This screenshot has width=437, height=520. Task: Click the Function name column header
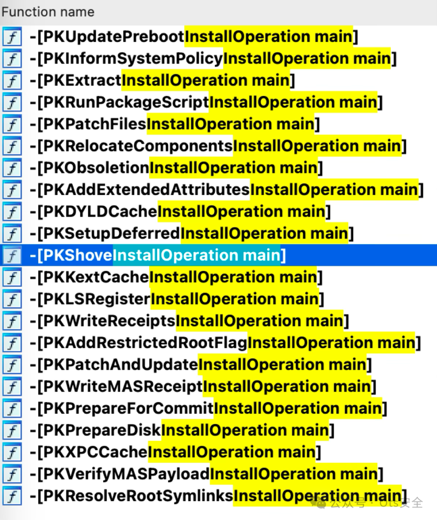click(x=48, y=12)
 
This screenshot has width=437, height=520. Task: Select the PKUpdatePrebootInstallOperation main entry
click(x=193, y=37)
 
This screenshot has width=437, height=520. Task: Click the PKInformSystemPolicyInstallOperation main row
click(x=213, y=59)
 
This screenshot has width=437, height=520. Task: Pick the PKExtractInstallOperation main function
click(x=162, y=81)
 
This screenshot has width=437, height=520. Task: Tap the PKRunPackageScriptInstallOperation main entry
click(x=206, y=102)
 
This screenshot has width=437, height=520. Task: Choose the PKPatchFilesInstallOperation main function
click(x=174, y=124)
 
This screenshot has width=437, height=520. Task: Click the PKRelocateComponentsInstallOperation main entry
click(x=218, y=146)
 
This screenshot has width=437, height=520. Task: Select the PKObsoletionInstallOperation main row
click(x=176, y=168)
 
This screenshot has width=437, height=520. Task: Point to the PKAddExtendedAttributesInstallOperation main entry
click(x=226, y=190)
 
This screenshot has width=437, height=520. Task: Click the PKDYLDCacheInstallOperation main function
click(x=180, y=212)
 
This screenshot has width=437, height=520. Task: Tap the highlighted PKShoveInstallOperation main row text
click(x=158, y=256)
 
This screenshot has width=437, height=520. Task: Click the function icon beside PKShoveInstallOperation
click(x=12, y=256)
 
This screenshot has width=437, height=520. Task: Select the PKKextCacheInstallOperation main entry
click(x=176, y=277)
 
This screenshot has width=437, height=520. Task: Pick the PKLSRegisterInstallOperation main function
click(x=176, y=299)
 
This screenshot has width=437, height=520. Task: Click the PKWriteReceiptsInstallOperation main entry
click(x=189, y=321)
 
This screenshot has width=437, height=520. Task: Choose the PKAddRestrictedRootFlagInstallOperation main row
click(x=225, y=343)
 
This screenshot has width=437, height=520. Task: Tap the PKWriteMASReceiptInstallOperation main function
click(x=203, y=387)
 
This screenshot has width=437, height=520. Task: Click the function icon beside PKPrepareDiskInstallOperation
click(x=12, y=430)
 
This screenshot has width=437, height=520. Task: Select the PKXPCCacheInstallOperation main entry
click(x=175, y=452)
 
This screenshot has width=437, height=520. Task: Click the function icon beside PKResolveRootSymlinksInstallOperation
click(x=12, y=496)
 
